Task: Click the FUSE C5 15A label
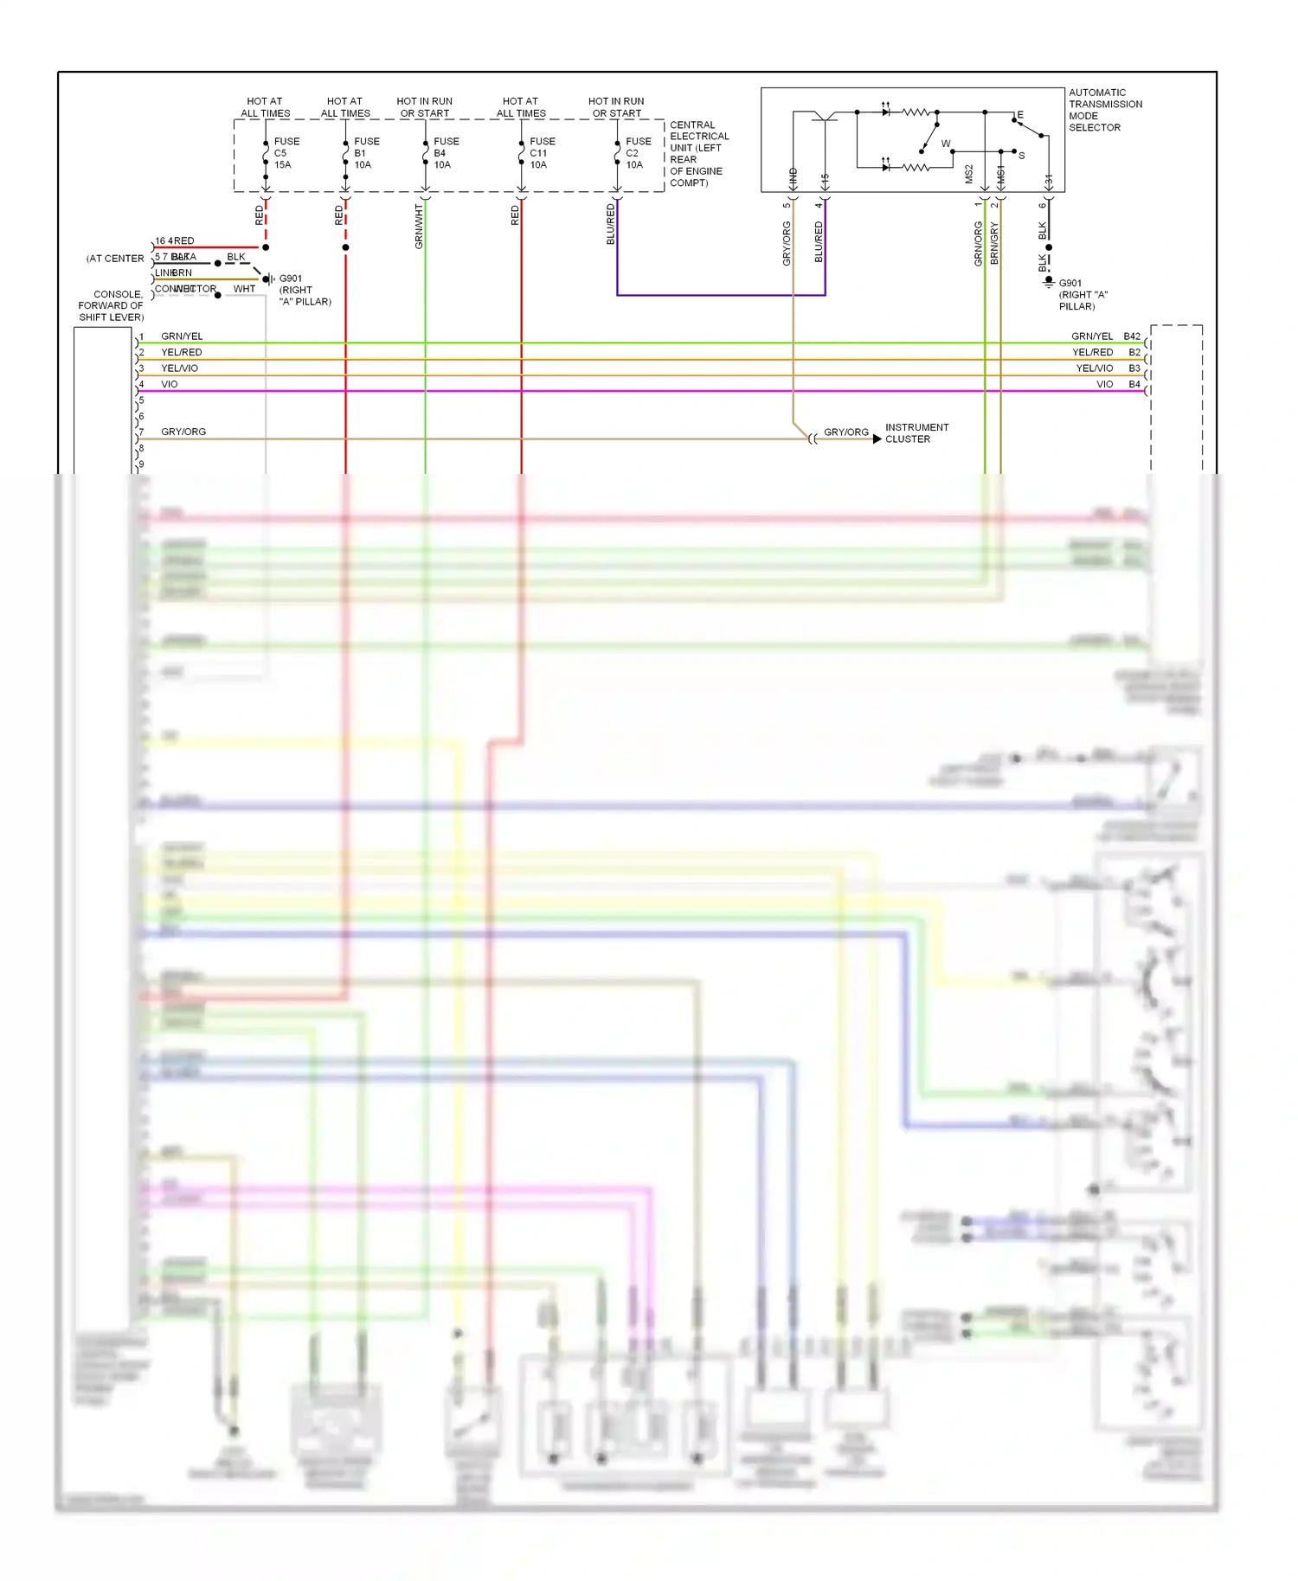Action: (x=286, y=153)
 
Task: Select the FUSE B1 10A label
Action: (x=366, y=153)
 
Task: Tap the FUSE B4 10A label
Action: (x=446, y=153)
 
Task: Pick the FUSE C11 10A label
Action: (x=542, y=153)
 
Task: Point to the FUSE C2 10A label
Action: (x=638, y=153)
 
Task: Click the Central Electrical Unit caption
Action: (x=698, y=154)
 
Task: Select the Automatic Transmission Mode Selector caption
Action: (x=1105, y=110)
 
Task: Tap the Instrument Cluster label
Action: (x=916, y=433)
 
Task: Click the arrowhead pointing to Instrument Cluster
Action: (x=877, y=439)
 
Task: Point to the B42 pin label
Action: (x=1132, y=336)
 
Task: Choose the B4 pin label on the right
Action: (x=1134, y=384)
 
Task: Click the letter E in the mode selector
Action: (x=1020, y=115)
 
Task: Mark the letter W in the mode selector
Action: (x=946, y=144)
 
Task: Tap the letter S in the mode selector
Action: (x=1021, y=156)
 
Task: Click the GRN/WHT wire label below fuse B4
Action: (x=419, y=227)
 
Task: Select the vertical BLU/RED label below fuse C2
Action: (x=610, y=224)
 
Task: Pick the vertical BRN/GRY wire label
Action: (x=994, y=243)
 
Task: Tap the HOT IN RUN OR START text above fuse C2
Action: (x=616, y=107)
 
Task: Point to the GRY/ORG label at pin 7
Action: (x=183, y=432)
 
